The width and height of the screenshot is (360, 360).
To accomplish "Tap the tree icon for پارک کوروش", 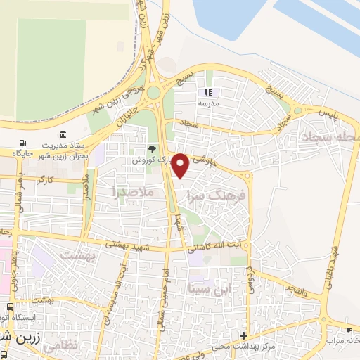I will click(x=152, y=148).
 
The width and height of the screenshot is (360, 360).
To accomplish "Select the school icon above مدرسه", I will click(x=207, y=92).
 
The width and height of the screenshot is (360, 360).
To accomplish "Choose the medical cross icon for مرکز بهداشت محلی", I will click(x=243, y=335).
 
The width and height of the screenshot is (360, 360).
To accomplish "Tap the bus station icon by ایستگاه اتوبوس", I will click(x=10, y=307).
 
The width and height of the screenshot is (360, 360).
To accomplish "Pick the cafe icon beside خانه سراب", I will click(x=349, y=330).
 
